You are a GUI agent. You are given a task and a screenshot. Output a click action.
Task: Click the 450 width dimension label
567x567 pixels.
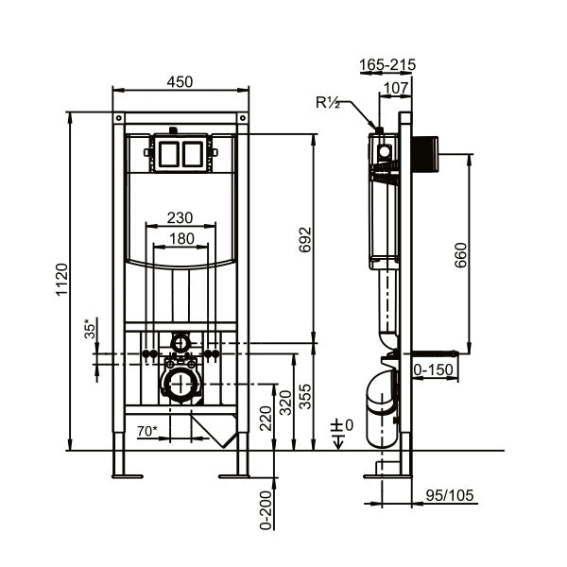[180, 82]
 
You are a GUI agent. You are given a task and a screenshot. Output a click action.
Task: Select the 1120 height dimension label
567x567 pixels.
[61, 280]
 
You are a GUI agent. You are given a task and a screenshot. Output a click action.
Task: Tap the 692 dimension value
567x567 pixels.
[305, 239]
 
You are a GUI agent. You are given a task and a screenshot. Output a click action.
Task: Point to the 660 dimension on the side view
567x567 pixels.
[461, 255]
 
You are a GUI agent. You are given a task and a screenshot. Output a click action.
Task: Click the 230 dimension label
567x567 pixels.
[180, 217]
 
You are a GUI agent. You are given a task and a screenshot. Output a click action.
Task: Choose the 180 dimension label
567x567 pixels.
[181, 239]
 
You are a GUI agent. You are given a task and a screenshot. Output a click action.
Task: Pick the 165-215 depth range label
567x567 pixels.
[387, 64]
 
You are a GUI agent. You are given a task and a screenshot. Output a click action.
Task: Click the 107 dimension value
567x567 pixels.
[396, 88]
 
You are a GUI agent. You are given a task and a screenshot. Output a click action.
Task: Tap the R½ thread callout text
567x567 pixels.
[328, 103]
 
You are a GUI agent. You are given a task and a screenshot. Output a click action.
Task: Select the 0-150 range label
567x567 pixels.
[433, 369]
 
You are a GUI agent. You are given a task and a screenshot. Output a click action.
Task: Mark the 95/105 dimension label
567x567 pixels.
[450, 495]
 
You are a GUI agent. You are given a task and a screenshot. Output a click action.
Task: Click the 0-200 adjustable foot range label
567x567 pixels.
[266, 510]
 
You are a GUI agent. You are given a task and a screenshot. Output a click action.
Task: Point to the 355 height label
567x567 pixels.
[305, 396]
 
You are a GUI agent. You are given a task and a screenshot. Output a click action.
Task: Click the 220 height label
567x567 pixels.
[266, 419]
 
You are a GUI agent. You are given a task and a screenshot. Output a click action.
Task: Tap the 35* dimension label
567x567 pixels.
[90, 328]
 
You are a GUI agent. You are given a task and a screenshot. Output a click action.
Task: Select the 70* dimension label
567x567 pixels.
[147, 431]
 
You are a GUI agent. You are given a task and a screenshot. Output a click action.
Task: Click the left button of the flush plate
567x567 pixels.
[168, 154]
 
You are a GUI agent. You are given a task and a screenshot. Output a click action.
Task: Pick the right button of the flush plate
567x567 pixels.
[193, 154]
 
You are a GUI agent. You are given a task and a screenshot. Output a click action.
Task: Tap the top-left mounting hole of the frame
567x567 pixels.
[119, 118]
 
